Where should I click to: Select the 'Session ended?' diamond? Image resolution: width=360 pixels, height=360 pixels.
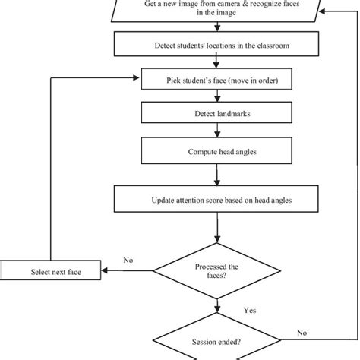click(x=218, y=342)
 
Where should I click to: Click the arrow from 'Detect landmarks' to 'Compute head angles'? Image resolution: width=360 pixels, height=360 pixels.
click(x=218, y=129)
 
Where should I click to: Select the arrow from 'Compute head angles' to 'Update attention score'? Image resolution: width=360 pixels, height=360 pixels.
click(x=218, y=175)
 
